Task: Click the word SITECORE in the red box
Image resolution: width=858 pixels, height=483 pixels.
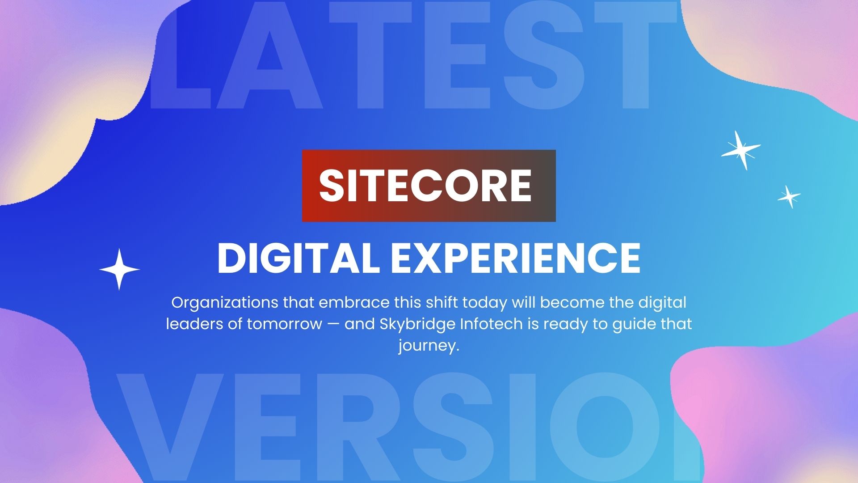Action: click(x=425, y=185)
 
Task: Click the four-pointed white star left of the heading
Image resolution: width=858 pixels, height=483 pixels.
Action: click(x=119, y=269)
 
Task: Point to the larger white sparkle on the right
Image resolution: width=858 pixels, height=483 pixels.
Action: click(x=740, y=150)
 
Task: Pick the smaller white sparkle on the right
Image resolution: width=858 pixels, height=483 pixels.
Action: click(x=789, y=197)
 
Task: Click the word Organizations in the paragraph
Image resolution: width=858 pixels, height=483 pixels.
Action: click(x=225, y=303)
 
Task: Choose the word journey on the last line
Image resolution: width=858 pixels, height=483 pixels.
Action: click(x=429, y=346)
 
